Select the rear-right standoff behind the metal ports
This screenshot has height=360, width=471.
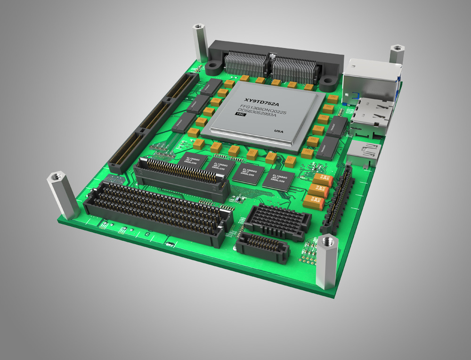point(397,56)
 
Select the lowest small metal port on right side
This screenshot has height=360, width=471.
point(365,153)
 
